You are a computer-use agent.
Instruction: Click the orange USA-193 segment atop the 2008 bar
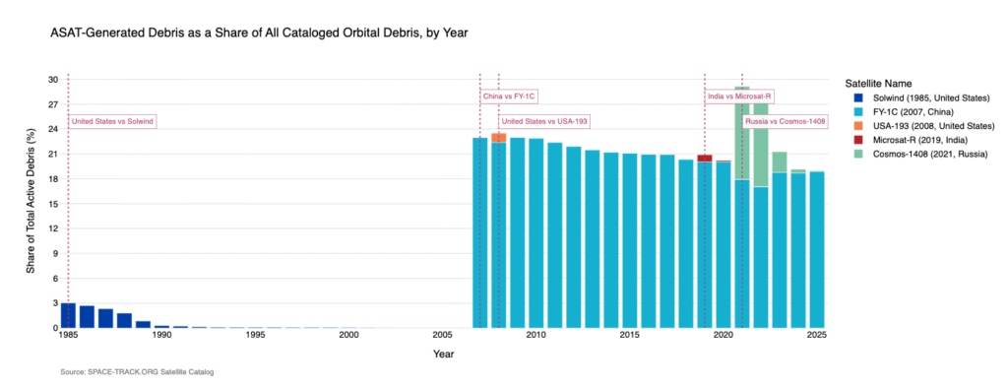[498, 137]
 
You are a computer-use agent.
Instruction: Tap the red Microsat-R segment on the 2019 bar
[704, 158]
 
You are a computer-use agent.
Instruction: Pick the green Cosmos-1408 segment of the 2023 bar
[779, 161]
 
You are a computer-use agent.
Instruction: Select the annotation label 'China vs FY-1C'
[509, 97]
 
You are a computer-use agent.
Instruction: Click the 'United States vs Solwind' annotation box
[113, 121]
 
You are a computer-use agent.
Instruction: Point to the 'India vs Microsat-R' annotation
[739, 97]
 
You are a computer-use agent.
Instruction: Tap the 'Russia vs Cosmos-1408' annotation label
[785, 121]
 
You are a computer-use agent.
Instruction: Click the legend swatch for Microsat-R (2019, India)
[856, 141]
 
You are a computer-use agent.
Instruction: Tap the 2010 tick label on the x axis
[535, 336]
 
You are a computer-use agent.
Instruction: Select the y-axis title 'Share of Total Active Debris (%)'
[31, 203]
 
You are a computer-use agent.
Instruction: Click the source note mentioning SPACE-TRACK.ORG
[137, 372]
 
